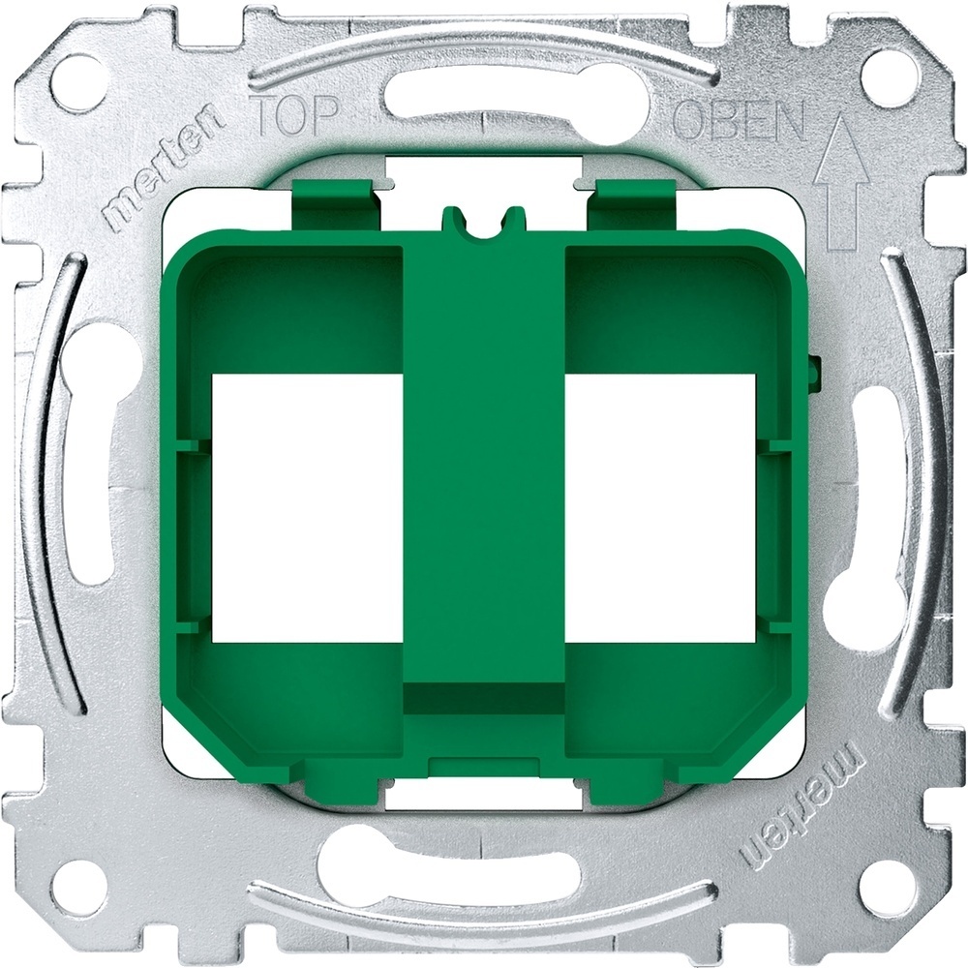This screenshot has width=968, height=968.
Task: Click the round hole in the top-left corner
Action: pyautogui.click(x=78, y=82)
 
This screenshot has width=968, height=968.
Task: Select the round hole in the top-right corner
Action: pyautogui.click(x=888, y=77)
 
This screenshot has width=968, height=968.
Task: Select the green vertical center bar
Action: pyautogui.click(x=483, y=465)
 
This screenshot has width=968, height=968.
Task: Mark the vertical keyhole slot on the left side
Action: pyautogui.click(x=92, y=455)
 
